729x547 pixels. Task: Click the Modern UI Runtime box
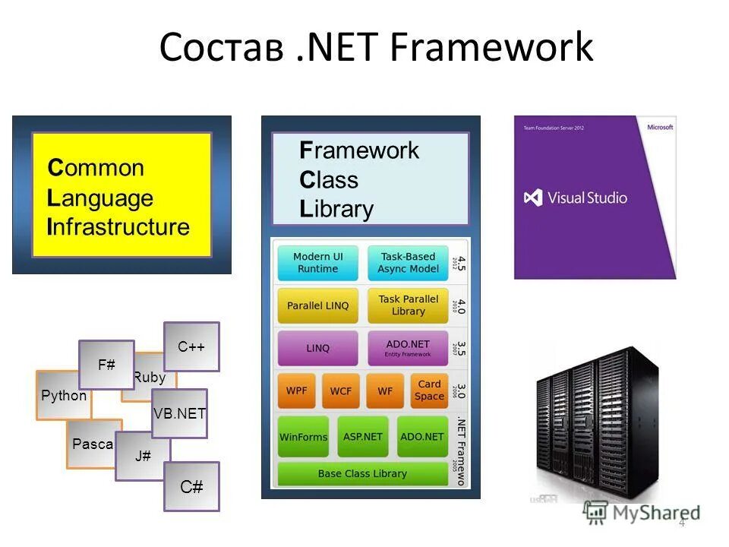coord(317,263)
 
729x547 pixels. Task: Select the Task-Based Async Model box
coord(409,263)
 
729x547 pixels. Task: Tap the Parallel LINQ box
coord(317,305)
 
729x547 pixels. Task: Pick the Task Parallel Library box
coord(409,305)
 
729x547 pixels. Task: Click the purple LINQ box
coord(317,349)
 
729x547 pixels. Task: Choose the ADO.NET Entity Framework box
coord(409,349)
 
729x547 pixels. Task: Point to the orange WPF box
coord(297,391)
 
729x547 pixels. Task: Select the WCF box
coord(341,391)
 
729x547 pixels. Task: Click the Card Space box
coord(429,390)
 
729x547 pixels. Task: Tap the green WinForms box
coord(303,437)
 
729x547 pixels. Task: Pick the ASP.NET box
coord(362,437)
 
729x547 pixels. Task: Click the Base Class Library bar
coord(362,473)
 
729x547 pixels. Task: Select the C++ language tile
coord(191,347)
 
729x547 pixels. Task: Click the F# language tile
coord(106,365)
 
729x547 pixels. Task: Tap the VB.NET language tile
coord(179,413)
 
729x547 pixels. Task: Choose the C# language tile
coord(191,486)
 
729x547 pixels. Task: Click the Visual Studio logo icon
coord(533,198)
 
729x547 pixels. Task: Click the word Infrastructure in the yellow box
coord(118,227)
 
